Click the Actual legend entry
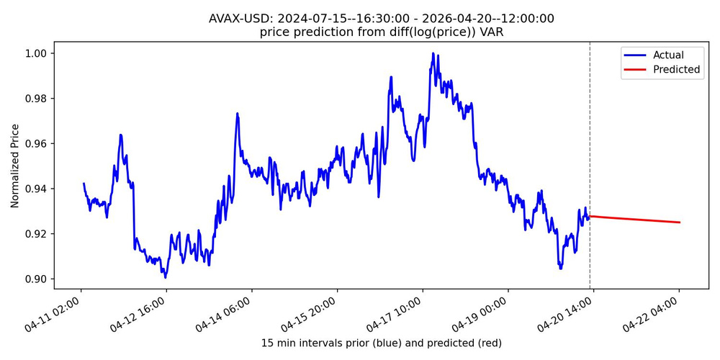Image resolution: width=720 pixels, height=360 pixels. click(x=668, y=55)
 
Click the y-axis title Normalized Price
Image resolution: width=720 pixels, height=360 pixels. click(x=15, y=170)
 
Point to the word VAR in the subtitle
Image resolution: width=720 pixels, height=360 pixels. click(x=492, y=32)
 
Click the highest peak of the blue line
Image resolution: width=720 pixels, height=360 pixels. click(x=433, y=53)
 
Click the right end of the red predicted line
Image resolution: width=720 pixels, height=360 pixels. click(x=680, y=222)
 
